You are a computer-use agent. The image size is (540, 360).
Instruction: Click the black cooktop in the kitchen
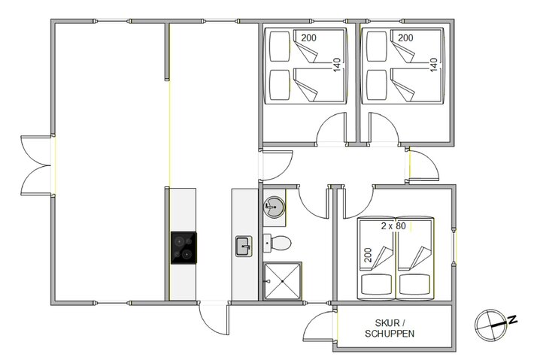coord(184,248)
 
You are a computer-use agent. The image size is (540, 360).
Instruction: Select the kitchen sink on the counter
coord(243,246)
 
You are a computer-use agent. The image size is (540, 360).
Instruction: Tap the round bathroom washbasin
coord(275,207)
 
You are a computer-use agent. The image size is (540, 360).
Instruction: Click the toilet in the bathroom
coord(279,243)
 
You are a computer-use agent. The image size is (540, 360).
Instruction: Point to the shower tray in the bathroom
coord(283,281)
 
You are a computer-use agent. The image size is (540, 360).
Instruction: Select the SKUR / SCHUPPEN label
coord(390,328)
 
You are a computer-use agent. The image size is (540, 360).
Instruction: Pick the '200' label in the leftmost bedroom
coord(309,38)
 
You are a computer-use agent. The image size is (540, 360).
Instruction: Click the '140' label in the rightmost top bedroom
coord(433,64)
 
